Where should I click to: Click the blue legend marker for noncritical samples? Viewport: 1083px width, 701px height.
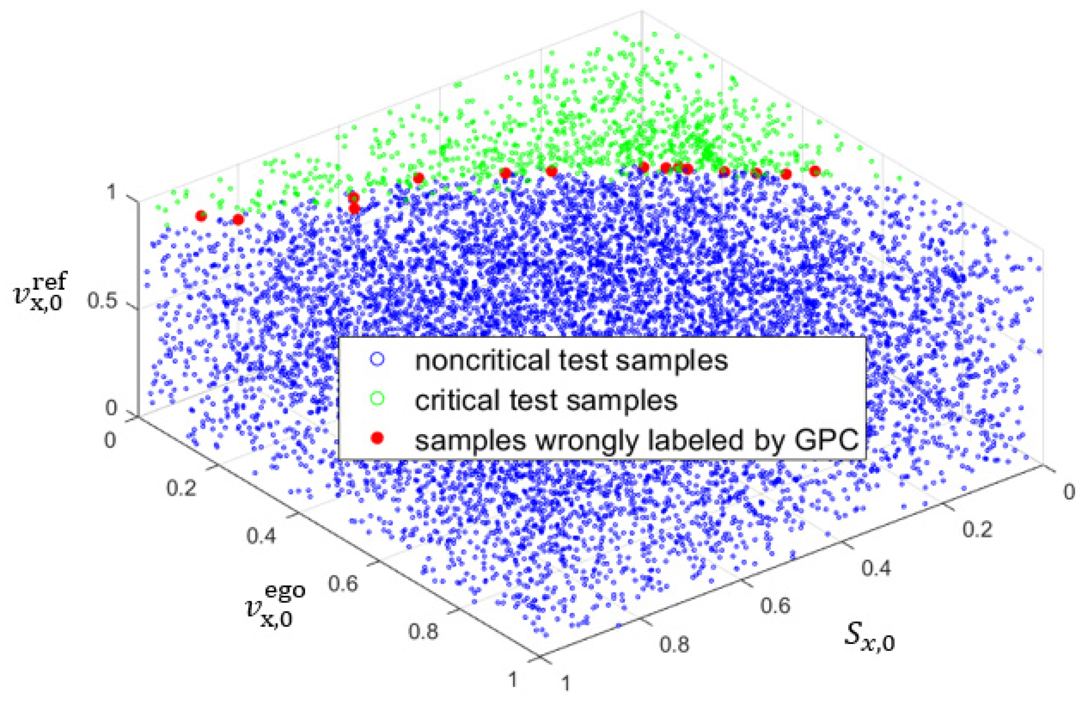[x=377, y=359]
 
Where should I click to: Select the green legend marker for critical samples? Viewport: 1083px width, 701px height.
[x=377, y=399]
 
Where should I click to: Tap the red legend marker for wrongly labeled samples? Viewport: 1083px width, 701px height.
[x=377, y=438]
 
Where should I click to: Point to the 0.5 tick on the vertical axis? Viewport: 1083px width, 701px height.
[x=102, y=300]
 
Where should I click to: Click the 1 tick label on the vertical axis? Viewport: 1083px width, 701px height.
[x=111, y=192]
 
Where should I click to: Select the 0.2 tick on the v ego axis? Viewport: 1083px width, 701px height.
[x=181, y=488]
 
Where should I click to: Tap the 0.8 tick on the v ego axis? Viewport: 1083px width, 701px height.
[x=423, y=631]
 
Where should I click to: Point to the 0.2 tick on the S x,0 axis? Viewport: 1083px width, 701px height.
[x=977, y=529]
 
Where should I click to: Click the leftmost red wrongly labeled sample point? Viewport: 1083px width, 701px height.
[x=201, y=216]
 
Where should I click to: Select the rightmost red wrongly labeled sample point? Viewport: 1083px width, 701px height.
[x=815, y=171]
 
